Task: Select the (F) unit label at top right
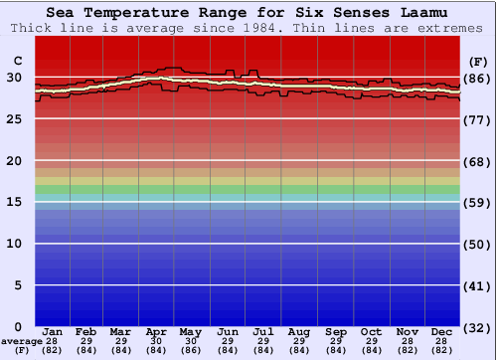pyautogui.click(x=478, y=60)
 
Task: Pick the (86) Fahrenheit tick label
pyautogui.click(x=478, y=79)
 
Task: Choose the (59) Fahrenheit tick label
pyautogui.click(x=478, y=203)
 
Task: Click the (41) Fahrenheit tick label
pyautogui.click(x=478, y=286)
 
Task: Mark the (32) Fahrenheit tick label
pyautogui.click(x=478, y=328)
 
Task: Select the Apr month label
pyautogui.click(x=156, y=331)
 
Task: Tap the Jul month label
pyautogui.click(x=263, y=331)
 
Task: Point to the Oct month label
pyautogui.click(x=371, y=331)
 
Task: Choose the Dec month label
pyautogui.click(x=443, y=331)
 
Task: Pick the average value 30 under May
pyautogui.click(x=191, y=340)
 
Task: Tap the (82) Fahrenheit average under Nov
pyautogui.click(x=408, y=349)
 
